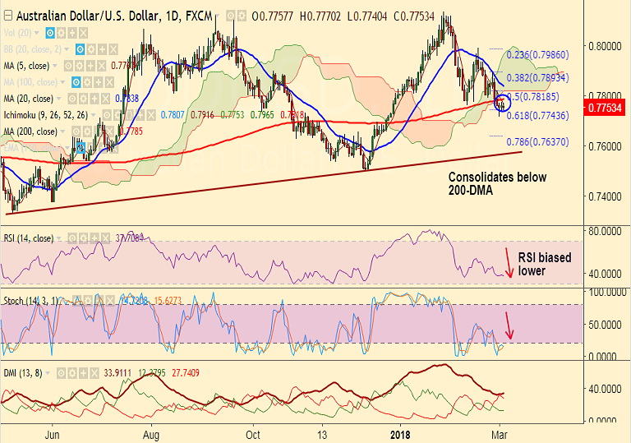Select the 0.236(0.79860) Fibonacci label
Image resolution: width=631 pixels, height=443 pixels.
coord(538,55)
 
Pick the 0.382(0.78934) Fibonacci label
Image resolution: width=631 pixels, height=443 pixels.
coord(538,78)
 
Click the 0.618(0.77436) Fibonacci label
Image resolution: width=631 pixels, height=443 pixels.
coord(538,118)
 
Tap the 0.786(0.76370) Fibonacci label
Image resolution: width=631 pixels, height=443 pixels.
coord(538,142)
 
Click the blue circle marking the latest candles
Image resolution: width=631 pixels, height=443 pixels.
coord(502,104)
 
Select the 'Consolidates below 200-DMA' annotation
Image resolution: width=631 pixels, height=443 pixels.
coord(497,182)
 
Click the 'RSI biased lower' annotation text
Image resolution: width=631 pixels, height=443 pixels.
coord(545,263)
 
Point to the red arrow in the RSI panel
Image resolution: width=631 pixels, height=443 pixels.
coord(509,261)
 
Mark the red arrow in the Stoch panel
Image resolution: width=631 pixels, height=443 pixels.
coord(509,326)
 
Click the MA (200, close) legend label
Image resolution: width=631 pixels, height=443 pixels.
coord(30,131)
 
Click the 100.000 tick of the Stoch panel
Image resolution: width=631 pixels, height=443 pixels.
coord(606,292)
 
